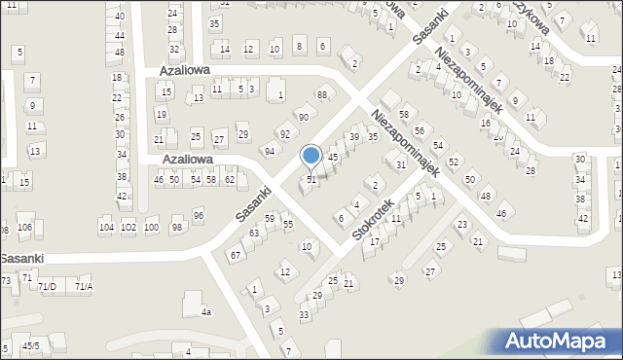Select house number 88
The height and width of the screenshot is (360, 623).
pyautogui.click(x=322, y=94)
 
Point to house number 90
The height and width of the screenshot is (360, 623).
pyautogui.click(x=304, y=117)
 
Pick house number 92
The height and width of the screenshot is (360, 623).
pyautogui.click(x=285, y=134)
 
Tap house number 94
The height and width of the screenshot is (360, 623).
pyautogui.click(x=269, y=151)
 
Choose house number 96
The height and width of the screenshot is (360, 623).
pyautogui.click(x=199, y=215)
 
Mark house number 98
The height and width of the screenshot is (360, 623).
pyautogui.click(x=177, y=228)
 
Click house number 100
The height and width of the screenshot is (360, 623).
pyautogui.click(x=151, y=228)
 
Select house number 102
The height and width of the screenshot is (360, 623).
pyautogui.click(x=128, y=228)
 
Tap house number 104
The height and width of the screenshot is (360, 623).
pyautogui.click(x=106, y=228)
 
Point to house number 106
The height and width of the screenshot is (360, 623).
pyautogui.click(x=24, y=228)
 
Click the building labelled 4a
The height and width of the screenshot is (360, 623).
pyautogui.click(x=205, y=312)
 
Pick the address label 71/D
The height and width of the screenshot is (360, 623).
pyautogui.click(x=47, y=287)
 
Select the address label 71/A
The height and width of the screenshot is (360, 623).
pyautogui.click(x=84, y=287)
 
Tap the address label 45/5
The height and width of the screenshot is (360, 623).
pyautogui.click(x=31, y=345)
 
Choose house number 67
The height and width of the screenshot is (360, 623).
pyautogui.click(x=235, y=255)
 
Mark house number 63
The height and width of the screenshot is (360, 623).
pyautogui.click(x=254, y=234)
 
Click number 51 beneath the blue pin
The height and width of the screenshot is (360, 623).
pyautogui.click(x=311, y=180)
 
